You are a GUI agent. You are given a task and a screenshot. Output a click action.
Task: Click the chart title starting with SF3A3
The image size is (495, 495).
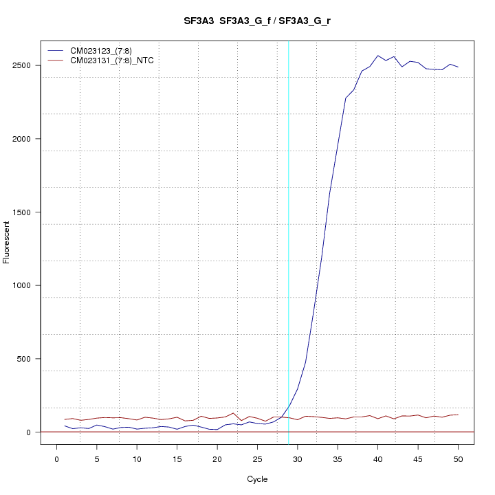[257, 21]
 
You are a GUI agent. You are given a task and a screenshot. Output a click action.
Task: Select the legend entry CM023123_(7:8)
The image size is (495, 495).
[101, 51]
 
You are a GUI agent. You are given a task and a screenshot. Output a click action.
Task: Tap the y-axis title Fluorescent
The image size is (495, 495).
[8, 241]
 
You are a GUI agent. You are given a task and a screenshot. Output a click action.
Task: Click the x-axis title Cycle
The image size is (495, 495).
[257, 479]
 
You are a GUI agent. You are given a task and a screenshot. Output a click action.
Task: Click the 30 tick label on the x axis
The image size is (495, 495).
[297, 459]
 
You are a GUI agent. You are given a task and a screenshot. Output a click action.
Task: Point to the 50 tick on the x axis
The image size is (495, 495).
[458, 459]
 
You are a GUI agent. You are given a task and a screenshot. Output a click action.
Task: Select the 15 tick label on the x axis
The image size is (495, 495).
[177, 459]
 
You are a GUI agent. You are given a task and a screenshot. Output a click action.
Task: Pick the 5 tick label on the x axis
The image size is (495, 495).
[97, 459]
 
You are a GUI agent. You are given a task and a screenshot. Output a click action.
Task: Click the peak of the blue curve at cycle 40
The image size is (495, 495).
[377, 56]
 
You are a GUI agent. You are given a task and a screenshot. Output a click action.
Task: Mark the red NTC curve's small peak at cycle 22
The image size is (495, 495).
[233, 413]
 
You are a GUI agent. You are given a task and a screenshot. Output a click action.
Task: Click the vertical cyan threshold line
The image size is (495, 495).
[289, 241]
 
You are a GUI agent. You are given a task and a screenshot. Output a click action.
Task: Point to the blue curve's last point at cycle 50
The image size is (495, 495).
[458, 67]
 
